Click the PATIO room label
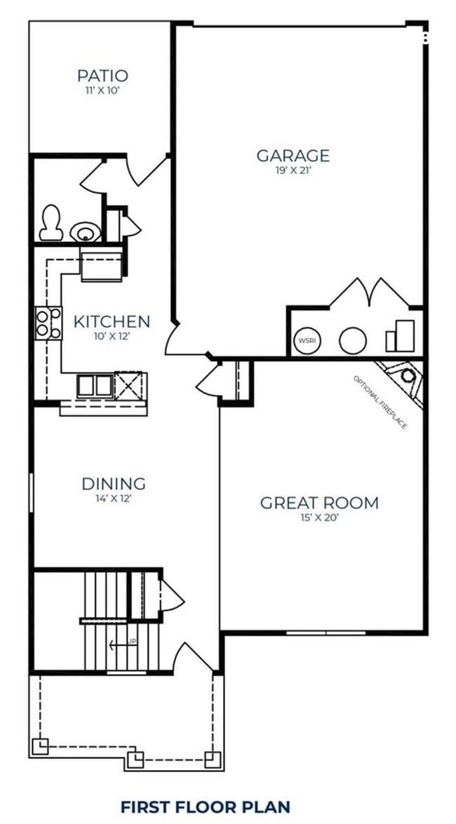coord(102,75)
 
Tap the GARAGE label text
coord(293,155)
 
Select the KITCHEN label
coord(112,322)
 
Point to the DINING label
coord(114,483)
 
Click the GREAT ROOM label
coord(319,502)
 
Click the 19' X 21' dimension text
coord(293,170)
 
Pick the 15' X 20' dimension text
coord(319,518)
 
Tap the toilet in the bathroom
coord(51,222)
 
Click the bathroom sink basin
coord(85,231)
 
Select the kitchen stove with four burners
coord(48,323)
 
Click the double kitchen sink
coord(95,385)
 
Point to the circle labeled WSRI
coord(307,341)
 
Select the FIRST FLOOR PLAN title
coord(205,806)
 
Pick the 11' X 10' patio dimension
coord(102,90)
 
